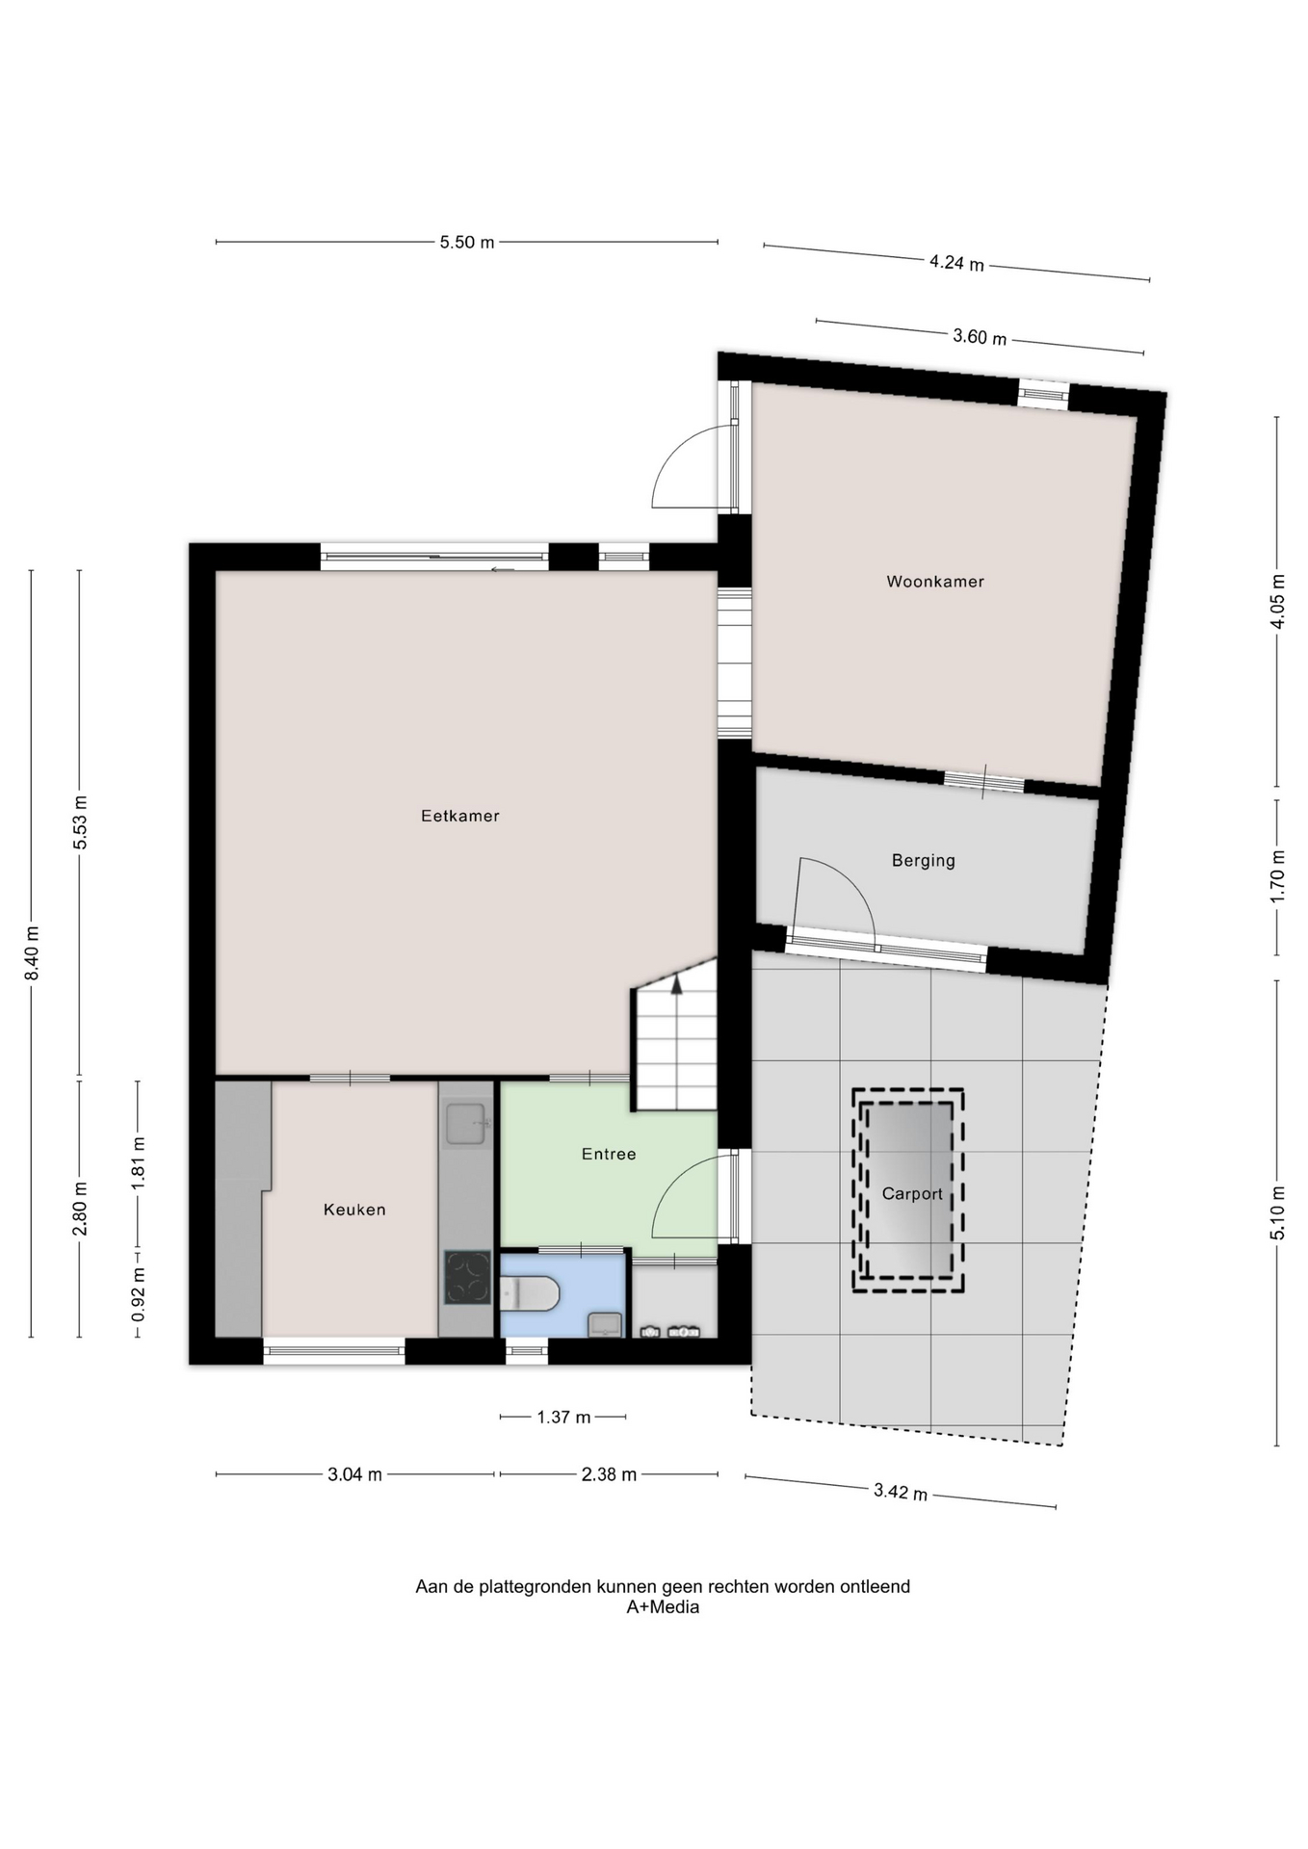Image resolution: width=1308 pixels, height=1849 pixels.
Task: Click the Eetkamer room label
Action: pos(459,816)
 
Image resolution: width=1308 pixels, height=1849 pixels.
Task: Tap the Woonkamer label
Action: pos(935,582)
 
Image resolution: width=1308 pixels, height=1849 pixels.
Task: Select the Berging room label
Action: pos(923,861)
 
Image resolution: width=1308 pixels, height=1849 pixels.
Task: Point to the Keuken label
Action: pos(354,1210)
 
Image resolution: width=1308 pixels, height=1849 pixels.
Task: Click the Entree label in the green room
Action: pos(609,1154)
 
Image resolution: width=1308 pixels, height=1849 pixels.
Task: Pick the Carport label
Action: pos(912,1194)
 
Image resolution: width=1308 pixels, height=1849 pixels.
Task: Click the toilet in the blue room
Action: pos(529,1293)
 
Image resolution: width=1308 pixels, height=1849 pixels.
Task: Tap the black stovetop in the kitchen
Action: pos(467,1277)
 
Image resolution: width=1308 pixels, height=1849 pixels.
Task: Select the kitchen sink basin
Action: pos(466,1125)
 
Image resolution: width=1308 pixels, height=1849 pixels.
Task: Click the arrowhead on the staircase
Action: pos(676,984)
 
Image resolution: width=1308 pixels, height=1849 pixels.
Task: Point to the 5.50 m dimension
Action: pos(467,243)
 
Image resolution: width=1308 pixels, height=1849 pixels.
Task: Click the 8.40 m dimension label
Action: pos(32,953)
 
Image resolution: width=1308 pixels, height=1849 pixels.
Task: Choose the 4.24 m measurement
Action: pos(956,262)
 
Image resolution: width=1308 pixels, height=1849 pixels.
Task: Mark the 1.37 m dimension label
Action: pos(563,1417)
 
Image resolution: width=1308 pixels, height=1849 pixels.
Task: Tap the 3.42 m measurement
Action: pos(901,1492)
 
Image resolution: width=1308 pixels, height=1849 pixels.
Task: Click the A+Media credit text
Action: pos(663,1607)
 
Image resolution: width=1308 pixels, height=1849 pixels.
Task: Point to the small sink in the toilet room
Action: pos(604,1324)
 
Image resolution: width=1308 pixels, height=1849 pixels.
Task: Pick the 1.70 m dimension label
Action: pos(1277,876)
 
